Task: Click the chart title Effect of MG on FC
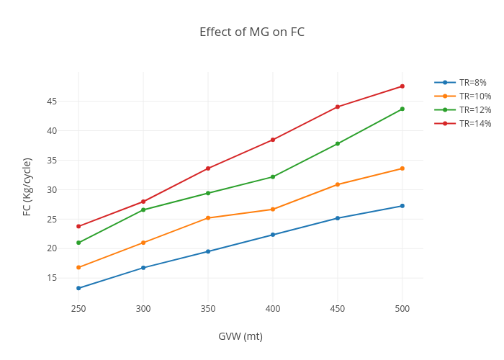(252, 32)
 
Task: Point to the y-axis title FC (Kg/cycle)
(27, 186)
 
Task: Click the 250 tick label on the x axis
(78, 309)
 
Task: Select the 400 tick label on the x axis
(273, 309)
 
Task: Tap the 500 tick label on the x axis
(402, 309)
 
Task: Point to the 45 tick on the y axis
(52, 102)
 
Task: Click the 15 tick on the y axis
(52, 278)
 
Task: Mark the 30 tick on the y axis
(52, 190)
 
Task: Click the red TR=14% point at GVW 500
(402, 86)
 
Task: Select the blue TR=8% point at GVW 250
(78, 288)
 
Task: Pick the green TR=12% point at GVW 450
(338, 144)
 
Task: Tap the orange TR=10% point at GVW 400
(273, 210)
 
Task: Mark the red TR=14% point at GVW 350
(208, 168)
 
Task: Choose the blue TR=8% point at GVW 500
(402, 206)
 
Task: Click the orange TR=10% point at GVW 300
(143, 243)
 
